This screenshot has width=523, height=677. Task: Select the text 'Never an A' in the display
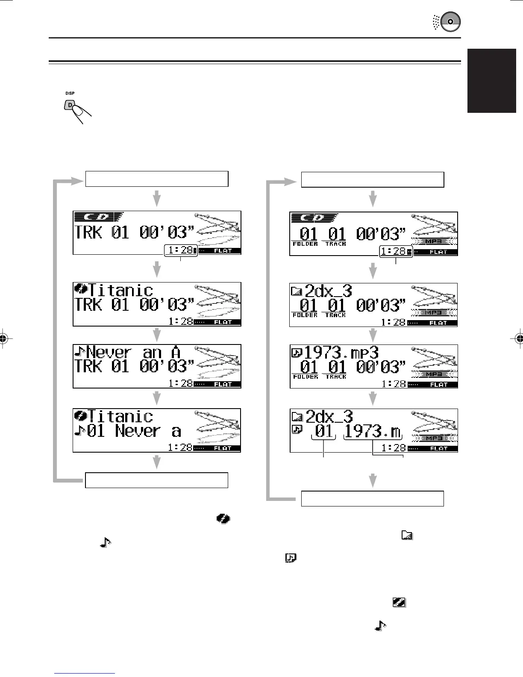[133, 353]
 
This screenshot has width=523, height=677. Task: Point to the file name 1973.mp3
[341, 353]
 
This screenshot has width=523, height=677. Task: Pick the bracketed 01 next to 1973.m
[323, 431]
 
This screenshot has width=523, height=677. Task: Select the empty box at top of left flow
[157, 179]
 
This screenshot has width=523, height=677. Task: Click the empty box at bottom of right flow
[373, 498]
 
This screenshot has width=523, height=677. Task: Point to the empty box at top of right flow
[373, 180]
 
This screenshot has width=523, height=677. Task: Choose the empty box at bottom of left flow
[157, 480]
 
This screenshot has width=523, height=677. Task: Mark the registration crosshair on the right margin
[519, 338]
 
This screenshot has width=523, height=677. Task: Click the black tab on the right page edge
[492, 81]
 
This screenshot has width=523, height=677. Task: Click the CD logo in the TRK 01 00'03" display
[99, 217]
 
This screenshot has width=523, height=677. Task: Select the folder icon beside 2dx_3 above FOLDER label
[296, 291]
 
